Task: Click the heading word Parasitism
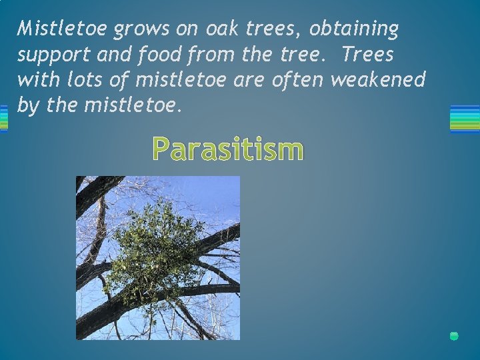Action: (x=227, y=149)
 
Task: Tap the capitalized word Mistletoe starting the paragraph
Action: (x=63, y=29)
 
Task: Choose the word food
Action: (x=161, y=54)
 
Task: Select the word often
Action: (x=294, y=79)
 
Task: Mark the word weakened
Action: (x=377, y=79)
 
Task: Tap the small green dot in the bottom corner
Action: (x=454, y=336)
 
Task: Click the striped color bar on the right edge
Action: (x=465, y=119)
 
